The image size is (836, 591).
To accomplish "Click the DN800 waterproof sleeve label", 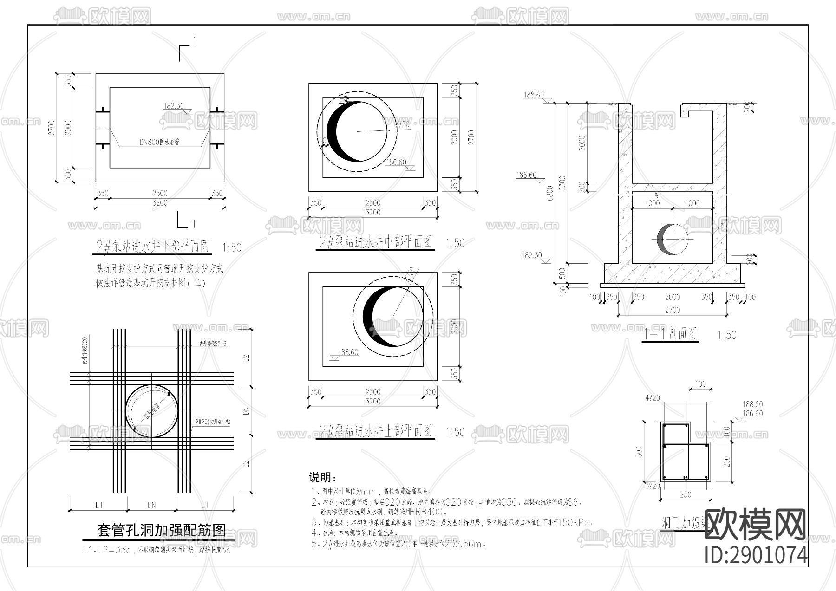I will point(159,143).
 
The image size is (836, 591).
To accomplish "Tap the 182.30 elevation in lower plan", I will point(173,106).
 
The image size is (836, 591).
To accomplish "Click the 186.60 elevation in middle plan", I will point(396,162).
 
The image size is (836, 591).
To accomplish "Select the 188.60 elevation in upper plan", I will point(348,352).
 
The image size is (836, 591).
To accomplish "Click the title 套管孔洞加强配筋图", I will point(161,530).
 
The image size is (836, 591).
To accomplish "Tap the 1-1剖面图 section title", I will point(671,333).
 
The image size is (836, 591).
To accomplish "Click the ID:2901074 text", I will point(756,555).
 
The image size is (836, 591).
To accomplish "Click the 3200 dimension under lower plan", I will point(160,203).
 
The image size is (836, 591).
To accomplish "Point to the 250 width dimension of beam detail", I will point(686,495).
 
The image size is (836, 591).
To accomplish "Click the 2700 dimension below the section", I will point(672,310).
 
